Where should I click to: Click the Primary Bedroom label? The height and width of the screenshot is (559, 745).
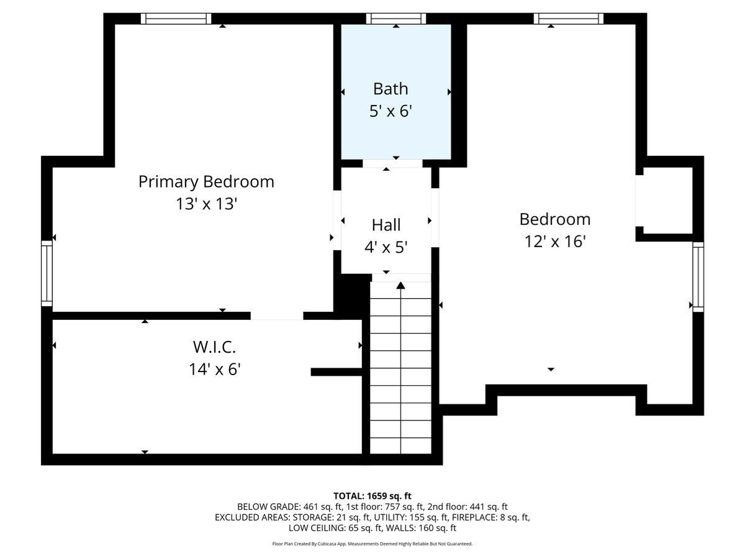click(x=206, y=182)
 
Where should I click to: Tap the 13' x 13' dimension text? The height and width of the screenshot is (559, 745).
click(x=206, y=204)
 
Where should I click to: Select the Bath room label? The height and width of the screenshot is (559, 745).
click(x=391, y=89)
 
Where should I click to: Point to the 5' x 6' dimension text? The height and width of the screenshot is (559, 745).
click(x=391, y=111)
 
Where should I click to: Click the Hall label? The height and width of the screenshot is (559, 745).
click(x=386, y=225)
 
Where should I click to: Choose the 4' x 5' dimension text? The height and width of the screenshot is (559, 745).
click(x=386, y=247)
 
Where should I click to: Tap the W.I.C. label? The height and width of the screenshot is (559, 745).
click(x=214, y=347)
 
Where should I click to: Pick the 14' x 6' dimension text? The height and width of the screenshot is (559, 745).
click(x=214, y=370)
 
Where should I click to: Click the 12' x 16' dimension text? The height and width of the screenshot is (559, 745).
click(x=555, y=242)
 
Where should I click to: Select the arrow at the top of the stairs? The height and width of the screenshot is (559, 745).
click(x=400, y=286)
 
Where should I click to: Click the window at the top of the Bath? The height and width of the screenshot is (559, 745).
click(x=396, y=19)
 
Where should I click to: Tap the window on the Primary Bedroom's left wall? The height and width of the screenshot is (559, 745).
click(x=47, y=273)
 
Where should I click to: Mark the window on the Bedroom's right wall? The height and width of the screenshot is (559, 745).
click(x=698, y=276)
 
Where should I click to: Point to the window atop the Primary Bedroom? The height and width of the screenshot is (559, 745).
click(x=176, y=19)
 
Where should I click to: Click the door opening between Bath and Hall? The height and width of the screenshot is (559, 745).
click(x=392, y=163)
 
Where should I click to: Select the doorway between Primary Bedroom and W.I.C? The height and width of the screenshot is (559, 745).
click(x=277, y=316)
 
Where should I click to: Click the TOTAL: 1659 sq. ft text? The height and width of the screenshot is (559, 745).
click(x=372, y=496)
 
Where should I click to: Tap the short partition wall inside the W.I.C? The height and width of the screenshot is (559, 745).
click(x=336, y=372)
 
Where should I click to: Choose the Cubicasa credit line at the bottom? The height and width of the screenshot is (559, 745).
click(x=372, y=543)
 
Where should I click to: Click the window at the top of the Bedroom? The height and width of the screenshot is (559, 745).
click(x=568, y=19)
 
